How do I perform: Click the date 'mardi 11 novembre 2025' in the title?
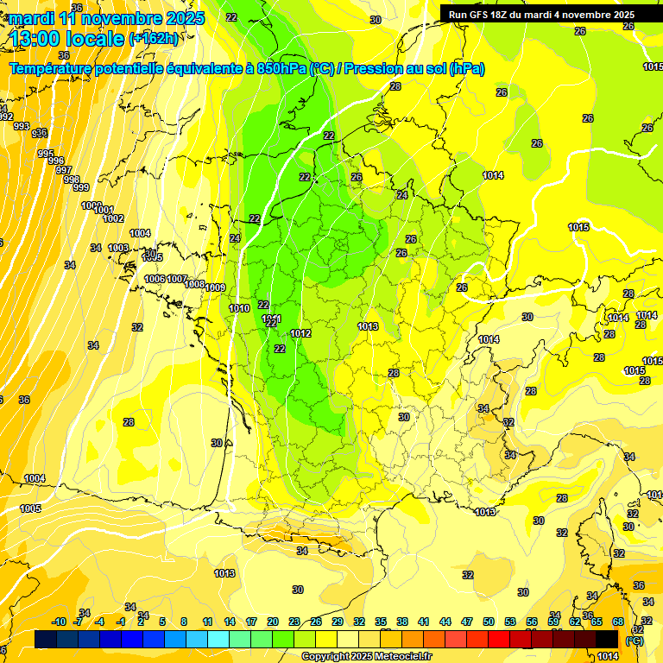coord(107,18)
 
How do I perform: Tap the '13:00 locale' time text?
coord(67,38)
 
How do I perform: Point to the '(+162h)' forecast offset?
coord(155,38)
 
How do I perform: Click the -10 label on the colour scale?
coord(59,622)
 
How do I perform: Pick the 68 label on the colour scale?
coord(618,622)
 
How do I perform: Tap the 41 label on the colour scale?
coord(424,622)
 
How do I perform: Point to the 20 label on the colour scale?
coord(273,622)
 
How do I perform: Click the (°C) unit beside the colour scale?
coord(635,641)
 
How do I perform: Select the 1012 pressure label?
coord(300,333)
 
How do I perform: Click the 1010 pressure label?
coord(239,308)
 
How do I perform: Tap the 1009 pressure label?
coord(216,287)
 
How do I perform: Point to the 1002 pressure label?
coord(114,218)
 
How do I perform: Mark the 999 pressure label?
coord(80,187)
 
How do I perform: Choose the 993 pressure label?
coord(22,126)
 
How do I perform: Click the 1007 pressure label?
coord(177,279)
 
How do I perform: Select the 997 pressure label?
coord(63,170)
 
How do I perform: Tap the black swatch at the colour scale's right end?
coord(607,639)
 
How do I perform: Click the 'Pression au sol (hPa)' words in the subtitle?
coord(415,69)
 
